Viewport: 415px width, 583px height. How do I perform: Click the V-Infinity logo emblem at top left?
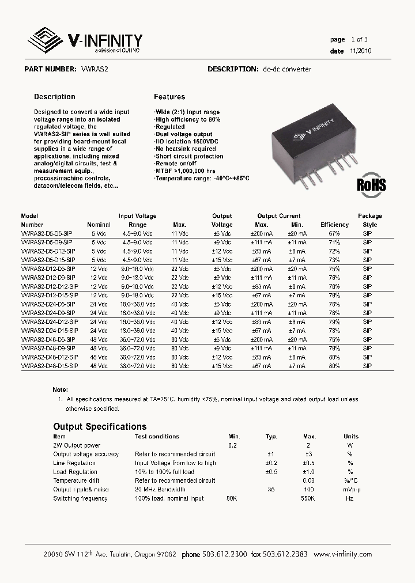[46, 41]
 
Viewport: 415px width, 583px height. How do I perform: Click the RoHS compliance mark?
[371, 184]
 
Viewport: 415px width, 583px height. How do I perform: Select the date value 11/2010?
[360, 51]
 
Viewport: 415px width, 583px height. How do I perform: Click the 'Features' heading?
[169, 97]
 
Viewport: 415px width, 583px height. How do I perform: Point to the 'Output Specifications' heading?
[100, 427]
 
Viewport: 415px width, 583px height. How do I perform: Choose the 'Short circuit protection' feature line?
[189, 156]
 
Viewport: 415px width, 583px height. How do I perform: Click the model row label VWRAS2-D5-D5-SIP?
[47, 233]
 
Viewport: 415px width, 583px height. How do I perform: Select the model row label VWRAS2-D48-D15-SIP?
[49, 366]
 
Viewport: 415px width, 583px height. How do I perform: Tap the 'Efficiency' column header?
[335, 225]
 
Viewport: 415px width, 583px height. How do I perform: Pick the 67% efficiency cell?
[334, 233]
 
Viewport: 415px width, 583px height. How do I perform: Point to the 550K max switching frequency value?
[308, 498]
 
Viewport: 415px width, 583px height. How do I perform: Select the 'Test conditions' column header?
[157, 437]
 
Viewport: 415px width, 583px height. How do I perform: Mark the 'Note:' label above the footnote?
[60, 390]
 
